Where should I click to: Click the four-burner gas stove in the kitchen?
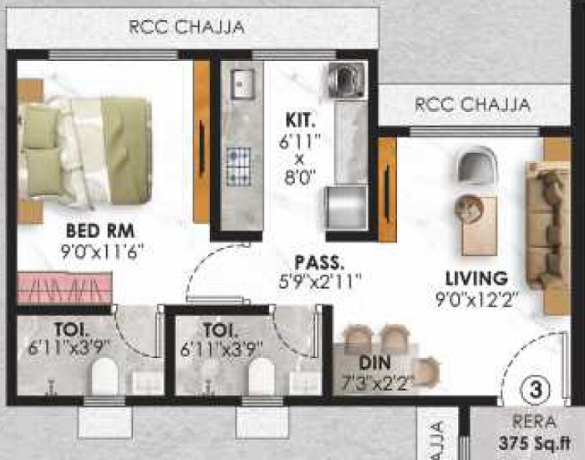pyautogui.click(x=240, y=159)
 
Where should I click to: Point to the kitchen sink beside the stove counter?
pyautogui.click(x=242, y=82)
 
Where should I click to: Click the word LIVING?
pyautogui.click(x=476, y=278)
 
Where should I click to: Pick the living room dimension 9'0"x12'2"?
pyautogui.click(x=476, y=298)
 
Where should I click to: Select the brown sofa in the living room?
pyautogui.click(x=548, y=225)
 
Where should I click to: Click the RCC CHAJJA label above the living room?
pyautogui.click(x=472, y=105)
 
